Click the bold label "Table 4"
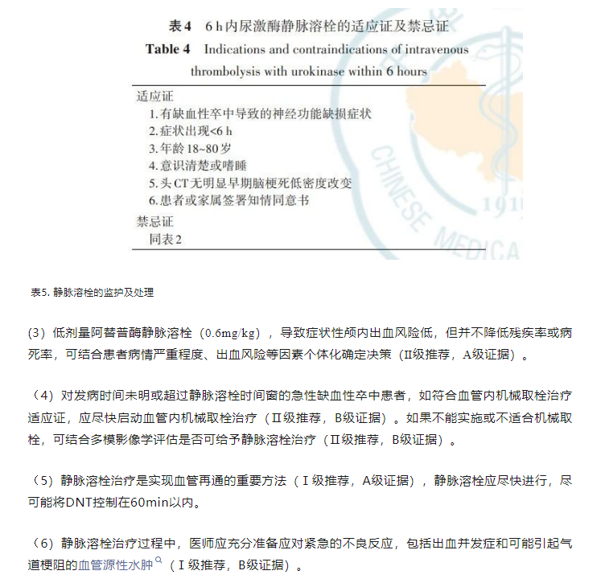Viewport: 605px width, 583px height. point(167,49)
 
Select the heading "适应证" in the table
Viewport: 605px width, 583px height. point(155,96)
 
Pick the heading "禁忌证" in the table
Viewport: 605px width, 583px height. point(155,221)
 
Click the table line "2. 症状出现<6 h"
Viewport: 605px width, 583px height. point(191,130)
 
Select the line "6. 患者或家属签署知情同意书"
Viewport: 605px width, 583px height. point(229,200)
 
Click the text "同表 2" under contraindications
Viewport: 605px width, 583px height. point(166,239)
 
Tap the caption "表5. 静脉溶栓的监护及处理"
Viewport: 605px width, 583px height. point(92,293)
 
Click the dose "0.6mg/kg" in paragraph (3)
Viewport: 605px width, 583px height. point(233,333)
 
